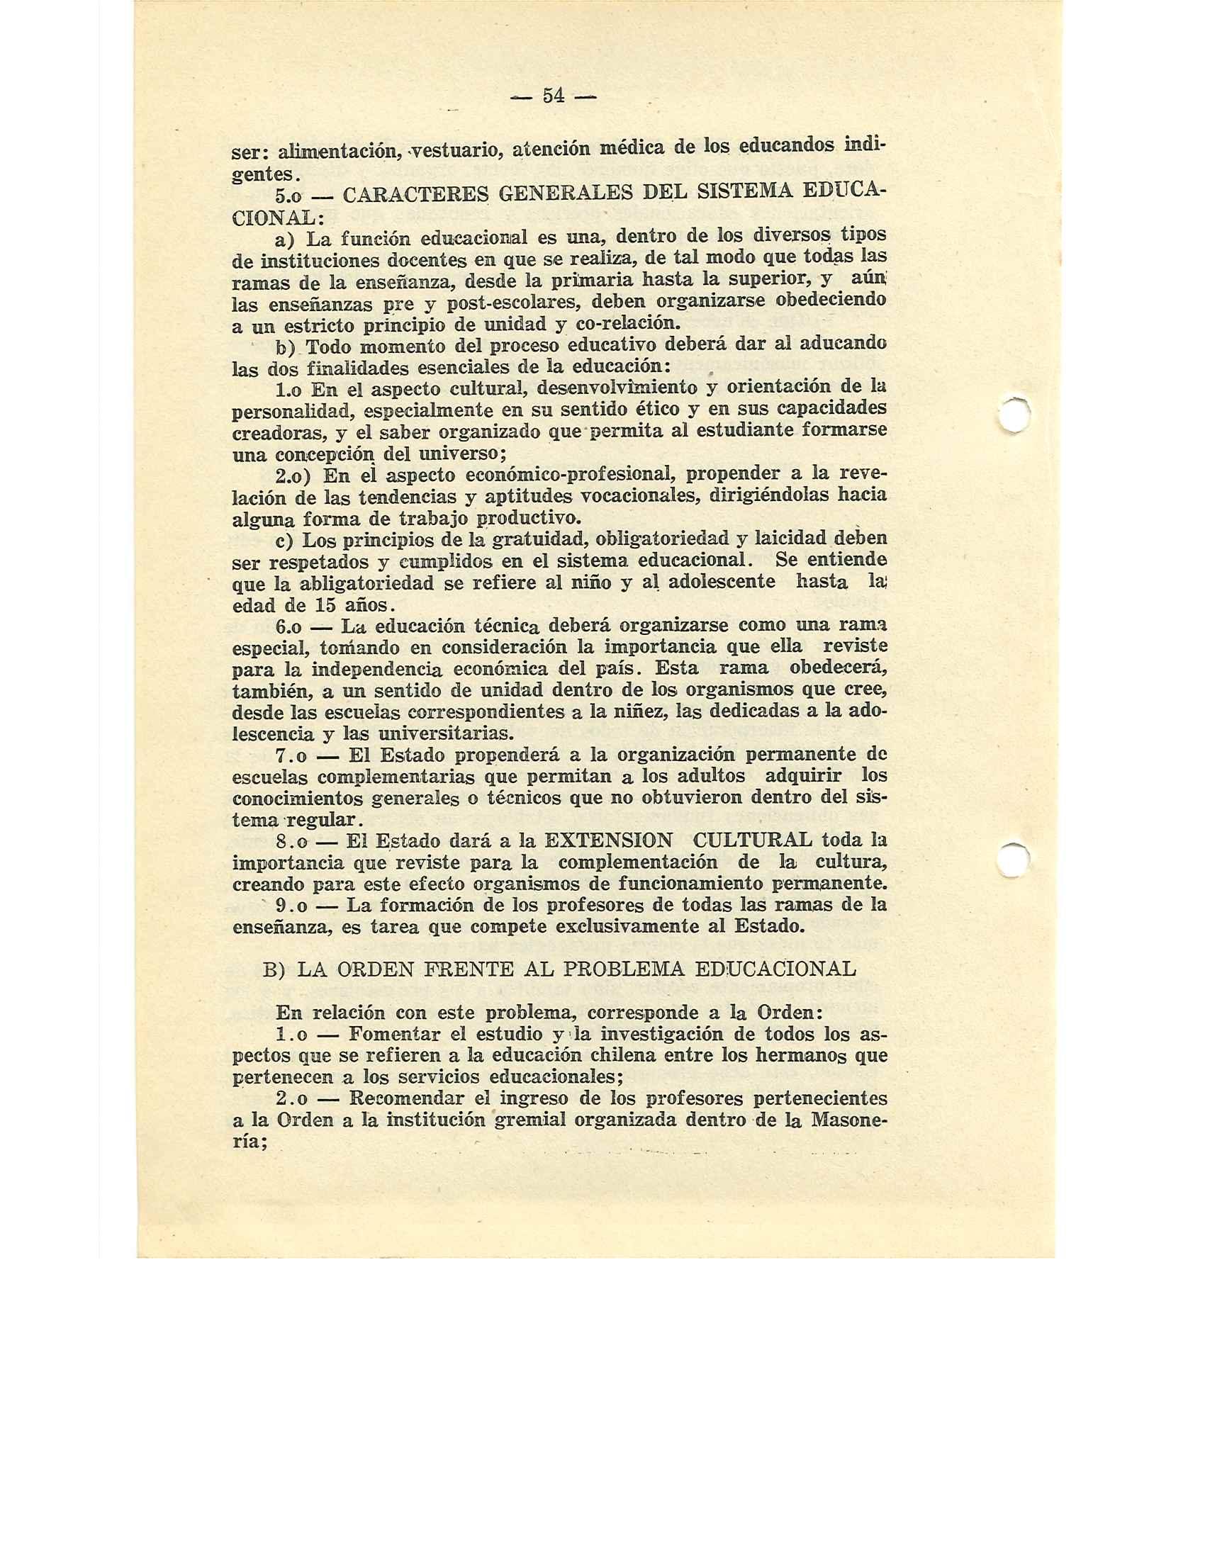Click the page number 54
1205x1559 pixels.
(x=554, y=96)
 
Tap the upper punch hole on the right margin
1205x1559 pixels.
(x=1014, y=415)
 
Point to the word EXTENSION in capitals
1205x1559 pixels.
(x=607, y=840)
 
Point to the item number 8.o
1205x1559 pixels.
(x=292, y=841)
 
